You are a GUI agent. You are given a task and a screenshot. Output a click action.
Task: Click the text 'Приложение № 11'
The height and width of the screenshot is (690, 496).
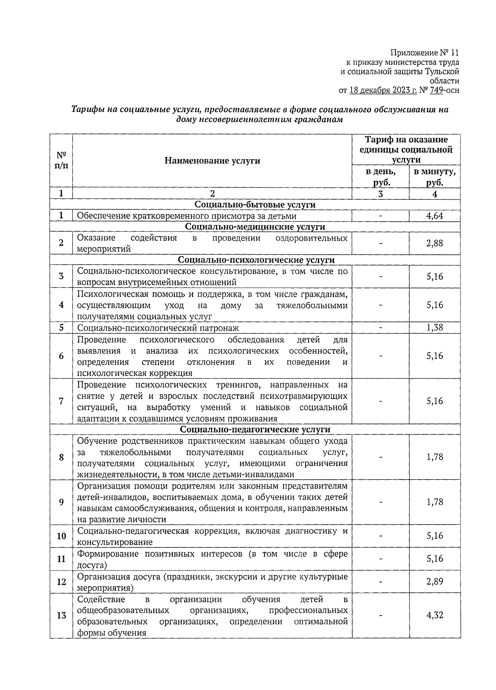(424, 53)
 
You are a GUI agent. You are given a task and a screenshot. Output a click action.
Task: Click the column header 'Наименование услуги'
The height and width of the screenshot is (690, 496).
(212, 160)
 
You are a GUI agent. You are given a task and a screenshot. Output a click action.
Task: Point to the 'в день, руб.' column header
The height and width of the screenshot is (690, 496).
(380, 177)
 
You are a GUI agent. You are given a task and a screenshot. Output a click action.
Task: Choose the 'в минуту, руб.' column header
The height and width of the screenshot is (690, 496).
(435, 177)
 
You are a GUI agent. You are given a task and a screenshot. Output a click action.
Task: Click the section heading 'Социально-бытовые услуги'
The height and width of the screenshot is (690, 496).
(255, 205)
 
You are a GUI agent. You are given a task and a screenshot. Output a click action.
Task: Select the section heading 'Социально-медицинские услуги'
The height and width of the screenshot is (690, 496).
(255, 227)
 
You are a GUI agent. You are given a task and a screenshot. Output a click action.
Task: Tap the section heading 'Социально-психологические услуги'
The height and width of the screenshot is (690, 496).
(256, 260)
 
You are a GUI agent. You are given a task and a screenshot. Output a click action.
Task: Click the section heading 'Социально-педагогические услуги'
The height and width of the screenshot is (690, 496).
(255, 430)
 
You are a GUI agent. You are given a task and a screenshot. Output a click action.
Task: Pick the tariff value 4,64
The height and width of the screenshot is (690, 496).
(435, 216)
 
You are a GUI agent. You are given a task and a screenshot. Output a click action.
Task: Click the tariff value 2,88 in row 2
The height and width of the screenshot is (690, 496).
(435, 244)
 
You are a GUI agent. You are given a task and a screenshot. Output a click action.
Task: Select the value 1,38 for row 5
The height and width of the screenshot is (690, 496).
(435, 327)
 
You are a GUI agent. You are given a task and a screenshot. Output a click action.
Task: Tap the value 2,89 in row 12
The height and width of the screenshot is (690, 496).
(435, 582)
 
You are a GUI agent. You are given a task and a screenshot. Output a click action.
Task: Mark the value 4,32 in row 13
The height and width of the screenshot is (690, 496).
(435, 615)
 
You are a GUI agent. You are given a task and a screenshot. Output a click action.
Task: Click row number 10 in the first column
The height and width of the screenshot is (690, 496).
(61, 536)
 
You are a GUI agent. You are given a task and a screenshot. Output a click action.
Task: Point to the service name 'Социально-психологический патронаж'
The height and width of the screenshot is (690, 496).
(158, 328)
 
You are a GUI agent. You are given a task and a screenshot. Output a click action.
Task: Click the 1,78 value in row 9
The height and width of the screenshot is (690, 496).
(435, 502)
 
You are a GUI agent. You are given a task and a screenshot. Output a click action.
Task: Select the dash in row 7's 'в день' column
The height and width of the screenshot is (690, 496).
(380, 401)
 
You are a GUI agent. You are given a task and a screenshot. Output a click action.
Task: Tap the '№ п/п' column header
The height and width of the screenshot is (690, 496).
(61, 160)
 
